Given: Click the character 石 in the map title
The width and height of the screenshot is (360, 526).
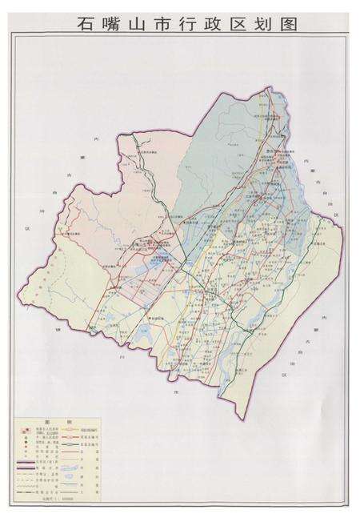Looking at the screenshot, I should click(x=87, y=23).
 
